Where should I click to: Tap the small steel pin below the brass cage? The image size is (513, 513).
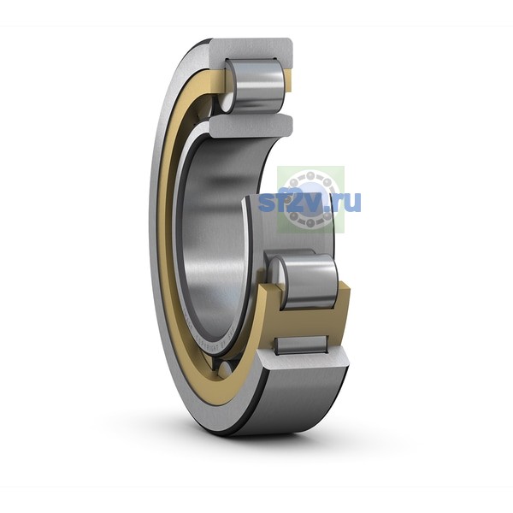[x=301, y=345]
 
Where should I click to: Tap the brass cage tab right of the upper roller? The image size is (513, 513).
[x=287, y=81]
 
